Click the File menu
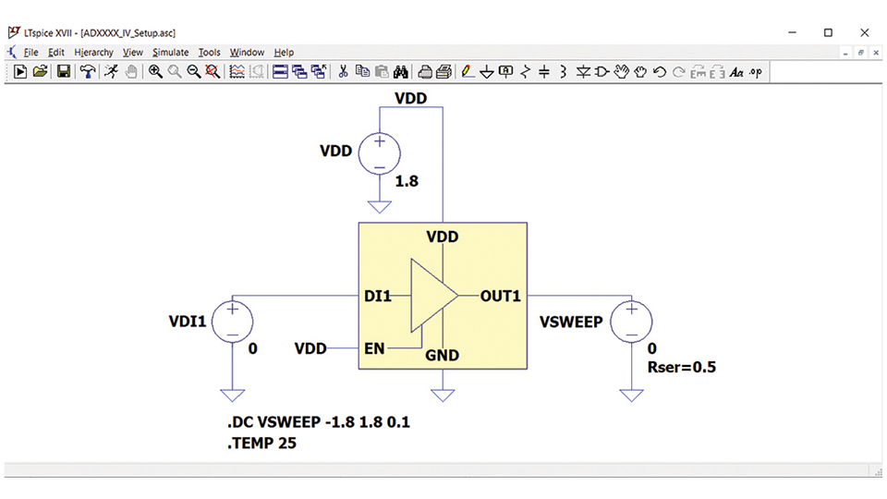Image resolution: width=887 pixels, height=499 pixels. [x=30, y=52]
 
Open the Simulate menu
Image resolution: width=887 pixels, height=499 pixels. [x=170, y=52]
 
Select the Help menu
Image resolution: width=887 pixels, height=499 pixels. [x=284, y=52]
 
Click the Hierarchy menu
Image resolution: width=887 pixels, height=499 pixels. [x=93, y=52]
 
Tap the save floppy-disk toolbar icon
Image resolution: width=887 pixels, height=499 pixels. [x=64, y=72]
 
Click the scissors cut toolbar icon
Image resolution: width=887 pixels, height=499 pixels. [x=343, y=72]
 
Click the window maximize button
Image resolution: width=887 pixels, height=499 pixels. [x=828, y=33]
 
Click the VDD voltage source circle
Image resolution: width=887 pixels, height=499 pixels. [x=380, y=153]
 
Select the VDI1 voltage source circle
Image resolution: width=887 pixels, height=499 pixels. [x=233, y=322]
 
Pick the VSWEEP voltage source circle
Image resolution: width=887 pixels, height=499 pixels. [x=631, y=322]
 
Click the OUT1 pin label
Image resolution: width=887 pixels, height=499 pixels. [x=500, y=296]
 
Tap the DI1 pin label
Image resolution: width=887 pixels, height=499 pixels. [x=377, y=296]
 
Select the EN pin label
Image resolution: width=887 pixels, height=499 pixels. [x=374, y=348]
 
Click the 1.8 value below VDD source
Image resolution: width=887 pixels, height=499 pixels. [x=407, y=181]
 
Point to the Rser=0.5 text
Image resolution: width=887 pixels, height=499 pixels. [x=682, y=367]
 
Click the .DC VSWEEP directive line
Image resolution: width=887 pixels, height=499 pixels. [x=319, y=422]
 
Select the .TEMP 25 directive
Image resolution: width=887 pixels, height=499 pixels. [x=261, y=443]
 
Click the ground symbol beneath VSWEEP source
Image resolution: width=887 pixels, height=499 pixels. [x=631, y=396]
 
